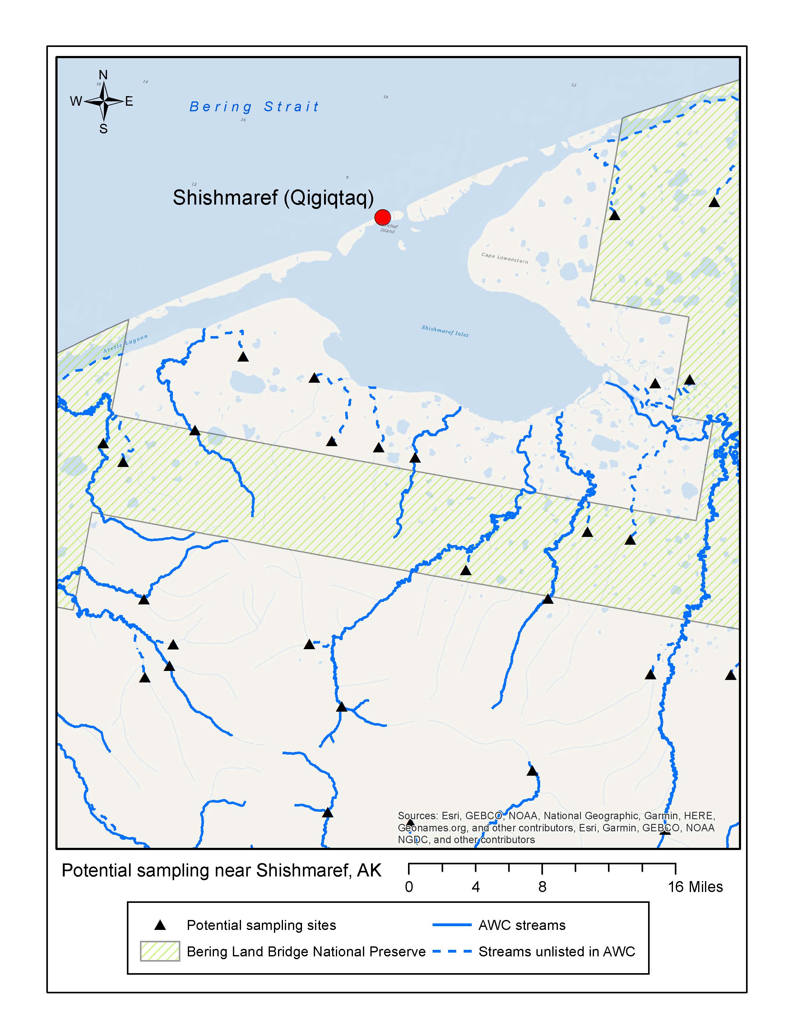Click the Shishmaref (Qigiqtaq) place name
(x=273, y=197)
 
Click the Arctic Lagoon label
(x=125, y=344)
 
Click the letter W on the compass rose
(x=76, y=101)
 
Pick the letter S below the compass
(x=103, y=129)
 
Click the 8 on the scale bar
(x=542, y=887)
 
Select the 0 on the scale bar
(x=409, y=887)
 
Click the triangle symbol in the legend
(x=160, y=926)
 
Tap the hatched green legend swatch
(x=160, y=951)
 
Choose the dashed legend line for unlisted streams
(x=452, y=951)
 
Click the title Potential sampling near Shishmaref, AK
(x=221, y=871)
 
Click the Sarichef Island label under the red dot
(x=388, y=229)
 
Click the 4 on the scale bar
(x=475, y=887)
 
